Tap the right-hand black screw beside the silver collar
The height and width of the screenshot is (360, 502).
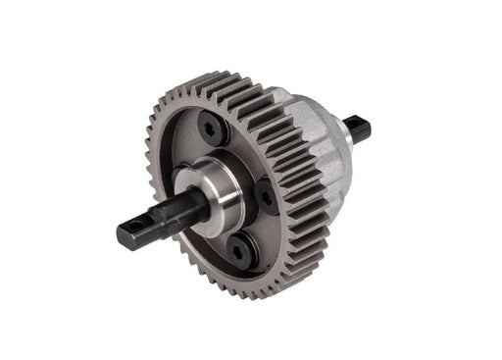coord(267,195)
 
